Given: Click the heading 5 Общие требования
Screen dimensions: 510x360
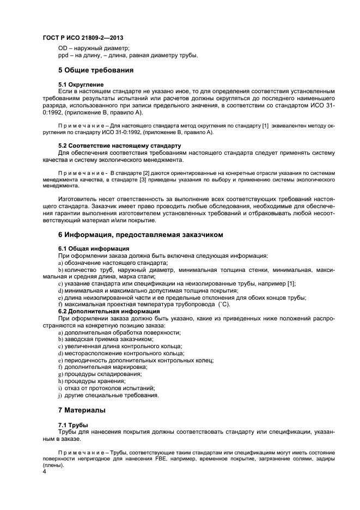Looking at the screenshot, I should [96, 70].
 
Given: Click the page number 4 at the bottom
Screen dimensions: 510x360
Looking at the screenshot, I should [44, 472].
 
